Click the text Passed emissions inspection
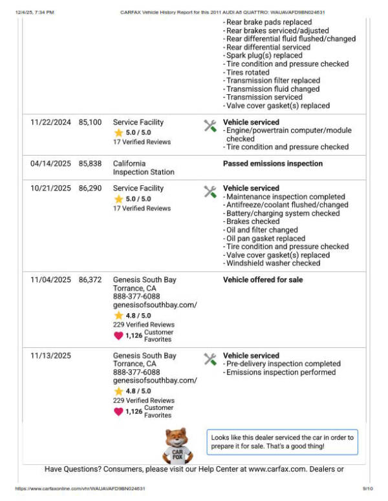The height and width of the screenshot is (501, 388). (272, 163)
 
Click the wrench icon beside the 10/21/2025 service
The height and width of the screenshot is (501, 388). (210, 192)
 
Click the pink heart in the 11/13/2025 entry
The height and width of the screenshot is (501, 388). (118, 411)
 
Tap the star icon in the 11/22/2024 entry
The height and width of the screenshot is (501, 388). (118, 133)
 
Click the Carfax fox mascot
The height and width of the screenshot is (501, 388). (178, 445)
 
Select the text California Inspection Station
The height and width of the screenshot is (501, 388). (144, 168)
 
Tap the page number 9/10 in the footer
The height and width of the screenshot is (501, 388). (367, 489)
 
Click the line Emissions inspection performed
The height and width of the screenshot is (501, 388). (281, 373)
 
